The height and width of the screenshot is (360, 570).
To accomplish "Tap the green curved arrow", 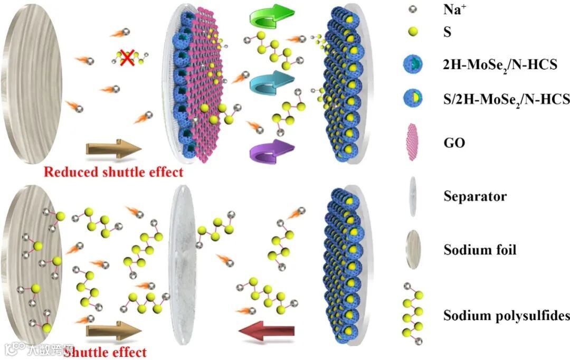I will tap(271, 16).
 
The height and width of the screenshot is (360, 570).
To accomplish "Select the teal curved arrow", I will tap(271, 82).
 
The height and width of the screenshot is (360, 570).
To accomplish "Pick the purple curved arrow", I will tap(271, 150).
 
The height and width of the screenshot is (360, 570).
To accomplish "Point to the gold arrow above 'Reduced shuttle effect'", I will tap(113, 148).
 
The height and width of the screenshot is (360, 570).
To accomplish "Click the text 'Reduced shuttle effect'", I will tap(113, 172).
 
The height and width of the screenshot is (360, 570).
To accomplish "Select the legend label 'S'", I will tap(448, 33).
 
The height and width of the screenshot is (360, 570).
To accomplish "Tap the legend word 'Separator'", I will tap(474, 196).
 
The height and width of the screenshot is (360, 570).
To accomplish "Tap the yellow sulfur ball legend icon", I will tap(413, 33).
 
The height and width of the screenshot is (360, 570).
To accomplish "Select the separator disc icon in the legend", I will tap(412, 196).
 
